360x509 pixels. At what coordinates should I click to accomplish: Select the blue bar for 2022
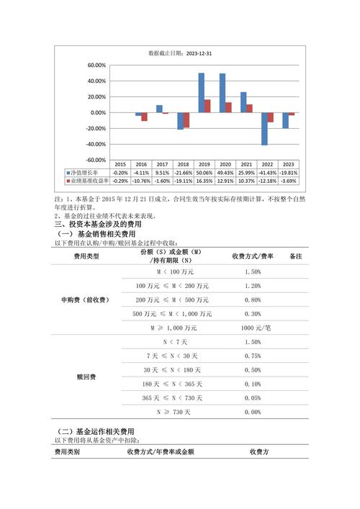264,129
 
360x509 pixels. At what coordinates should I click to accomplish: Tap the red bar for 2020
228,107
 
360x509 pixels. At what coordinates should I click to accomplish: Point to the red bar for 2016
145,117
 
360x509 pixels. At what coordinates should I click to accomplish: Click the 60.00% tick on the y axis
96,65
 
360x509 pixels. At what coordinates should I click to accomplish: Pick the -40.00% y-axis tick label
96,145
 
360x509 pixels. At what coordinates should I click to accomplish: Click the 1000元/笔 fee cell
252,328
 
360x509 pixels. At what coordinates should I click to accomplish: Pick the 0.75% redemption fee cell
252,356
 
